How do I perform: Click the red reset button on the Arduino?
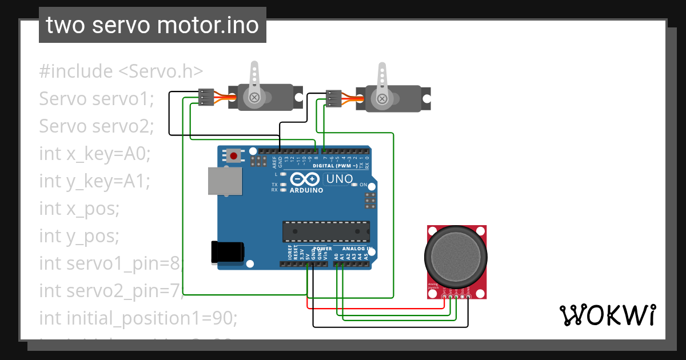pyautogui.click(x=233, y=155)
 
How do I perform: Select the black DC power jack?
pyautogui.click(x=228, y=252)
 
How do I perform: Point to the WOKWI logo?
pyautogui.click(x=607, y=315)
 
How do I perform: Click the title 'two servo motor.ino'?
pyautogui.click(x=152, y=25)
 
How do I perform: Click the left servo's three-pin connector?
pyautogui.click(x=206, y=97)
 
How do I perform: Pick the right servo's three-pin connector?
pyautogui.click(x=333, y=98)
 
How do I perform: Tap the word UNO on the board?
pyautogui.click(x=340, y=179)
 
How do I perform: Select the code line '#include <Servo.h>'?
pyautogui.click(x=121, y=71)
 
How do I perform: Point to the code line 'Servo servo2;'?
pyautogui.click(x=97, y=126)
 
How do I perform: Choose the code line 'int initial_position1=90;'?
pyautogui.click(x=138, y=317)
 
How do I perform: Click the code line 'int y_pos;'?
pyautogui.click(x=79, y=235)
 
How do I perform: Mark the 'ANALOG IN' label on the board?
pyautogui.click(x=357, y=249)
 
